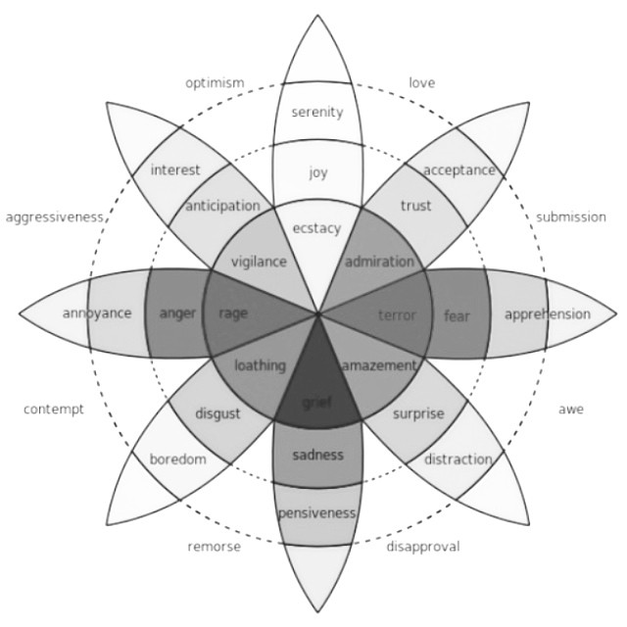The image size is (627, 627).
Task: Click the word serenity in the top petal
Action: (317, 112)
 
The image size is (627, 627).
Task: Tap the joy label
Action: (317, 173)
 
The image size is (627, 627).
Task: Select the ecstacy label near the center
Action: (316, 228)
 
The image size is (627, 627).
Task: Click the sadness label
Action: (317, 455)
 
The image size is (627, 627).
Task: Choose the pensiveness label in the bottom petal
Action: (316, 512)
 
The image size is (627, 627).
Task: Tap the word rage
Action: (233, 313)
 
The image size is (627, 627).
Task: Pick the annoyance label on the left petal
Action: (96, 313)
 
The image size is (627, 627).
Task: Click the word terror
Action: (397, 314)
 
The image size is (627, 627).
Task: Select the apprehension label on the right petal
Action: (547, 314)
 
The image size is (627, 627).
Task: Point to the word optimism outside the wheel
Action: (215, 83)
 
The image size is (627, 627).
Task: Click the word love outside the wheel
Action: (422, 83)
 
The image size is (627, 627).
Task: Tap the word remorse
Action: (214, 547)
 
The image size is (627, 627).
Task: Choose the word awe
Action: (571, 409)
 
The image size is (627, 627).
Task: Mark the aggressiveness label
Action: (55, 217)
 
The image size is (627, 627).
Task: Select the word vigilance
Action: (259, 262)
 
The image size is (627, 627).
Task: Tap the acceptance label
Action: (459, 170)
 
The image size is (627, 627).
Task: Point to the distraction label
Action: (458, 458)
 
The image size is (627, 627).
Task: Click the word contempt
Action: (54, 409)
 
